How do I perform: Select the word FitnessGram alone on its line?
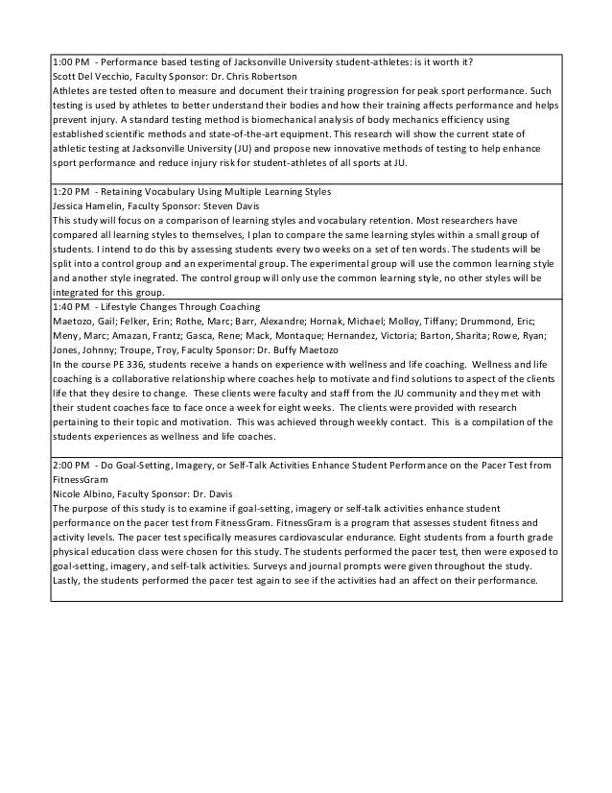81,479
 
